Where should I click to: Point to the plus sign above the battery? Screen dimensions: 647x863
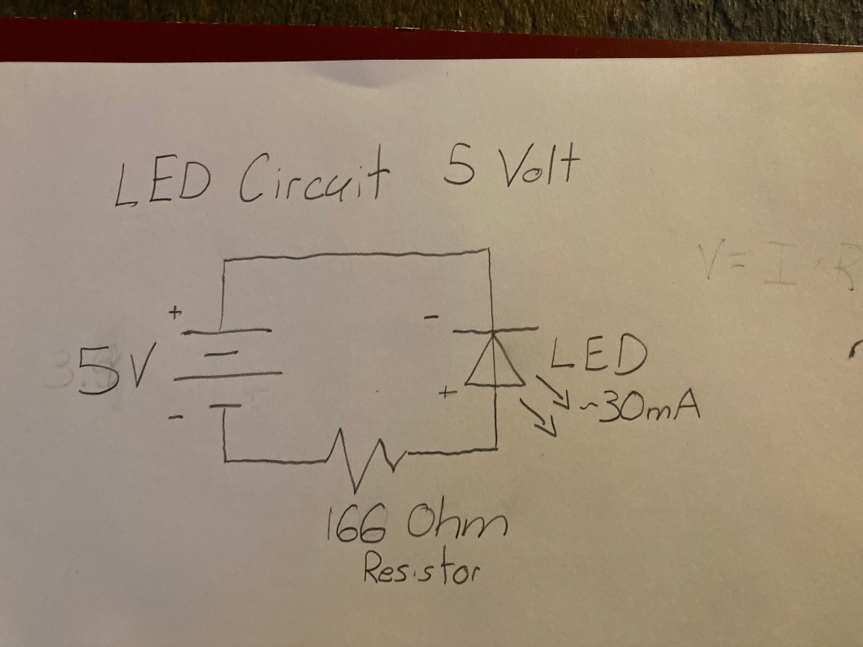coord(175,313)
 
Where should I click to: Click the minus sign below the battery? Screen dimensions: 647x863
coord(175,417)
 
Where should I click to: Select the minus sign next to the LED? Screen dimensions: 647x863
coord(431,318)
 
